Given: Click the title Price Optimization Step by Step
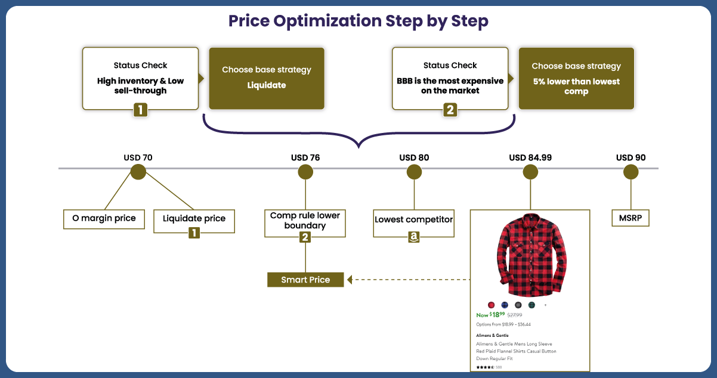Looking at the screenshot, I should pyautogui.click(x=358, y=21).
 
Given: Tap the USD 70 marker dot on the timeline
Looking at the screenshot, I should pyautogui.click(x=138, y=172).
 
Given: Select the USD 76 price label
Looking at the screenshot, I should pyautogui.click(x=305, y=158).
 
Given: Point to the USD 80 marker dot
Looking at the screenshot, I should pyautogui.click(x=414, y=172).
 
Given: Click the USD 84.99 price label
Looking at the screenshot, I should pyautogui.click(x=530, y=158).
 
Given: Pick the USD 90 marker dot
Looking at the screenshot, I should pyautogui.click(x=631, y=172).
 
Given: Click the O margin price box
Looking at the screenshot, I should pyautogui.click(x=104, y=219).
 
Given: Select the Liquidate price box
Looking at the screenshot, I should pyautogui.click(x=194, y=219).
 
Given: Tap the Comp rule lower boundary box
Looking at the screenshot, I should pyautogui.click(x=305, y=221).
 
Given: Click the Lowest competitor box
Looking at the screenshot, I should pyautogui.click(x=413, y=219).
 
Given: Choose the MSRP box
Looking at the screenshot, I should pyautogui.click(x=631, y=218).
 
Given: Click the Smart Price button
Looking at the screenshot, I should pyautogui.click(x=305, y=280).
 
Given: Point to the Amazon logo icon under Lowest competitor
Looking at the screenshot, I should pyautogui.click(x=414, y=237).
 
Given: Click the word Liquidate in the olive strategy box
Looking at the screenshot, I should pyautogui.click(x=267, y=85).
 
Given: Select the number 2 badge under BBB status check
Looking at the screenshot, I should pyautogui.click(x=450, y=110).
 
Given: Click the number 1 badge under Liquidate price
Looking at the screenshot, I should pyautogui.click(x=194, y=233).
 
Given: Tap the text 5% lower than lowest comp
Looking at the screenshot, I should pyautogui.click(x=576, y=86).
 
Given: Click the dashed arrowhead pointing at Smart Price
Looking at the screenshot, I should pyautogui.click(x=350, y=280).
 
